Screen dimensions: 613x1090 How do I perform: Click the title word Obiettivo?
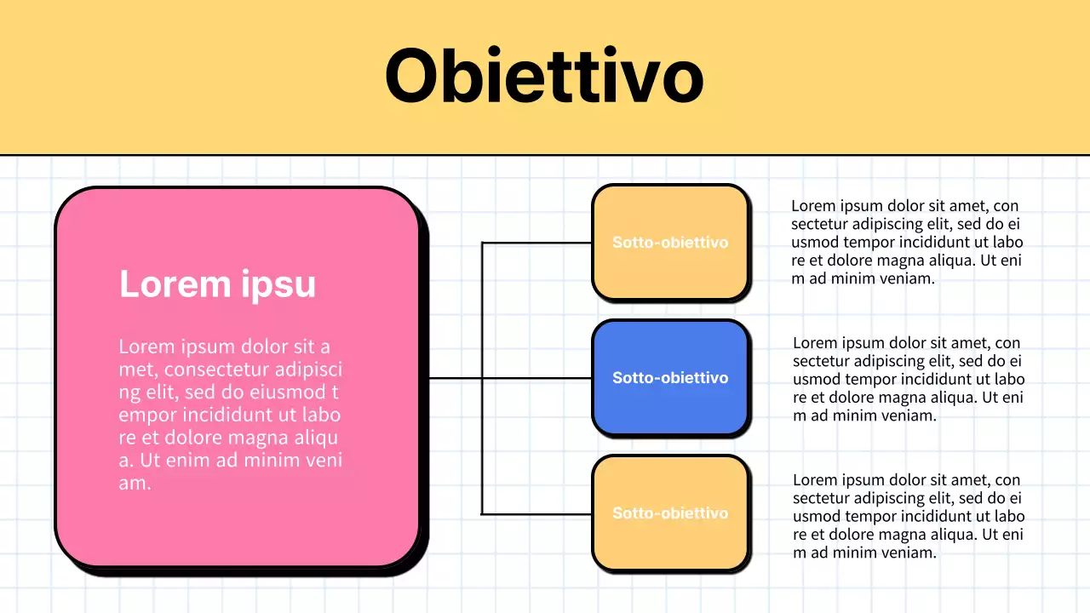coord(544,76)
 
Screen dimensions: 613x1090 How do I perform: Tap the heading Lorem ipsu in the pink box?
coord(217,284)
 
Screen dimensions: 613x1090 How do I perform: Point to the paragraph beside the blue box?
coord(909,379)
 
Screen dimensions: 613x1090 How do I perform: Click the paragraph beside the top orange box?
coord(907,242)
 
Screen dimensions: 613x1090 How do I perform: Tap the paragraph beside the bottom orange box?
coord(909,516)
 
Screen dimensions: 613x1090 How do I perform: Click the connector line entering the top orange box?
coord(536,243)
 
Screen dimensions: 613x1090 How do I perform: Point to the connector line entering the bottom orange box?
coord(536,514)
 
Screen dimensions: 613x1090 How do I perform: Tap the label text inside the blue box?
coord(670,378)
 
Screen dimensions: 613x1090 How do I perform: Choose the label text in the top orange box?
coord(670,243)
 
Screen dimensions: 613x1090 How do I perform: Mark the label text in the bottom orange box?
coord(670,513)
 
